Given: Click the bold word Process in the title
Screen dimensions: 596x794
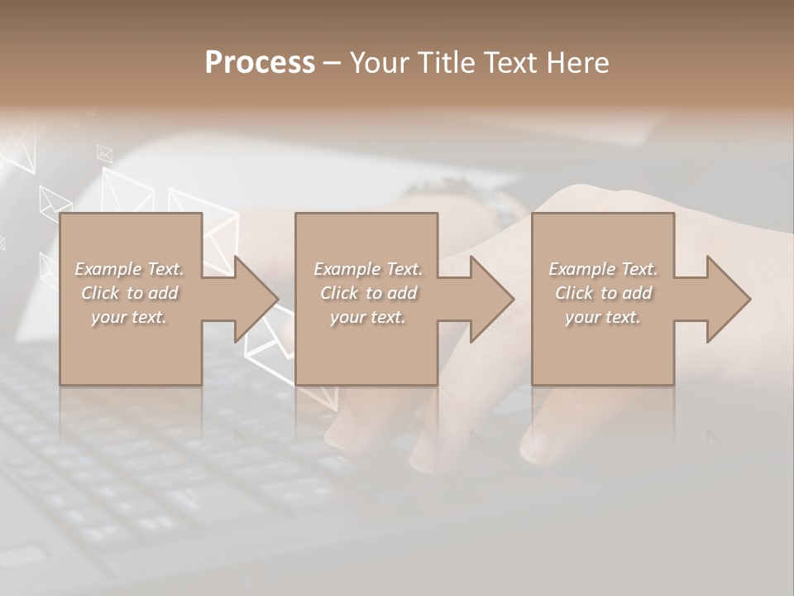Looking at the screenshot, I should pyautogui.click(x=260, y=62).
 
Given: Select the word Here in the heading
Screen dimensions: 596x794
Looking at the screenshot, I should pyautogui.click(x=578, y=62).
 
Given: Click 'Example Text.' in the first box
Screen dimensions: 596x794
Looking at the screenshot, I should pyautogui.click(x=129, y=269).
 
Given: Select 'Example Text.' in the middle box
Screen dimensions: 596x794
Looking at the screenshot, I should pyautogui.click(x=367, y=269).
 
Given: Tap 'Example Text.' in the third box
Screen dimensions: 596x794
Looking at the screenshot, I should pyautogui.click(x=603, y=269).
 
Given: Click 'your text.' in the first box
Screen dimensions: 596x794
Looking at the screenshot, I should pyautogui.click(x=129, y=317).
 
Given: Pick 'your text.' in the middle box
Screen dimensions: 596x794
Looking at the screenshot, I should pyautogui.click(x=367, y=317).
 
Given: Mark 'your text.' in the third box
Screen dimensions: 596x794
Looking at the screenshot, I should pyautogui.click(x=603, y=317).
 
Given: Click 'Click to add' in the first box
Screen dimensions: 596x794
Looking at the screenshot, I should pyautogui.click(x=129, y=293).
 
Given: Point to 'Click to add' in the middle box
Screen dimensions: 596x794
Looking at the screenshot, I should pyautogui.click(x=367, y=293).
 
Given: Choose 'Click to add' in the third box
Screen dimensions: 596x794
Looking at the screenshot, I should pyautogui.click(x=603, y=293).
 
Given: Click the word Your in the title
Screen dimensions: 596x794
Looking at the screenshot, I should pyautogui.click(x=379, y=62).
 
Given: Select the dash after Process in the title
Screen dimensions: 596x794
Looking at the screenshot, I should pyautogui.click(x=332, y=64).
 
